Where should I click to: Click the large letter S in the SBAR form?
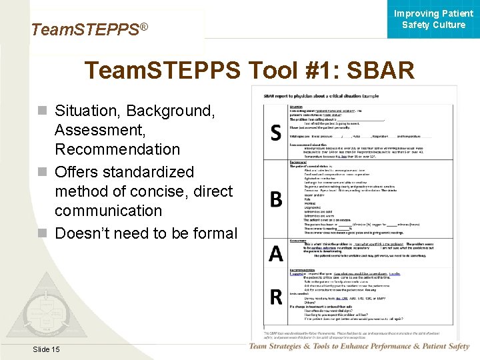click(x=275, y=133)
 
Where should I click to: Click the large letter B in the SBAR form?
click(x=275, y=199)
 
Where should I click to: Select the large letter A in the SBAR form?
click(x=275, y=253)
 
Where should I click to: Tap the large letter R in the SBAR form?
click(x=275, y=296)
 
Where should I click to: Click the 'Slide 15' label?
click(x=45, y=349)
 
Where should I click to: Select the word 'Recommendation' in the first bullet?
click(x=117, y=149)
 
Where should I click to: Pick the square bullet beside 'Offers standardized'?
click(x=43, y=172)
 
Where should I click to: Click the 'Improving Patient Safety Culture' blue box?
click(x=433, y=19)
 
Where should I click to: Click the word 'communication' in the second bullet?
click(x=108, y=210)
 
